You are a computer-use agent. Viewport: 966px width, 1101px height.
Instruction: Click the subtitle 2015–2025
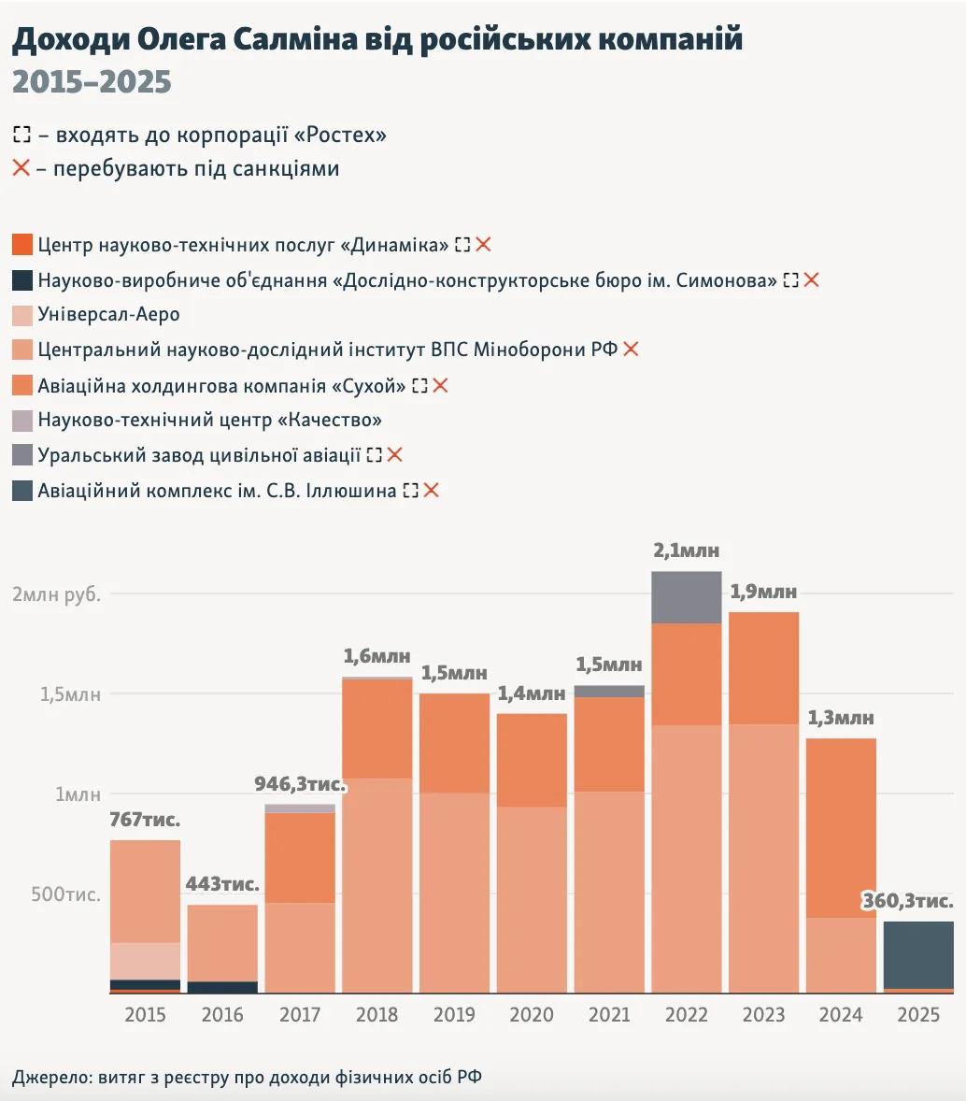92,82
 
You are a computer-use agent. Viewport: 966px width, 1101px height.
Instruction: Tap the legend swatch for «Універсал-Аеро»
23,315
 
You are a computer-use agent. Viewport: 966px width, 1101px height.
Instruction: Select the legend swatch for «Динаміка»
23,245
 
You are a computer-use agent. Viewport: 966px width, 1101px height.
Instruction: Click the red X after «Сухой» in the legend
440,385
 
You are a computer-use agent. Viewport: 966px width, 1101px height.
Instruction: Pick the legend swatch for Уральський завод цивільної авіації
23,455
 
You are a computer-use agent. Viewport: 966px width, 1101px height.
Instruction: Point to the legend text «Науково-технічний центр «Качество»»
209,421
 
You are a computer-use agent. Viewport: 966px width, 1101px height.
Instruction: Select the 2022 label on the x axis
686,1015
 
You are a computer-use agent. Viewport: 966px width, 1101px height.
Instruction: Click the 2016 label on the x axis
221,1015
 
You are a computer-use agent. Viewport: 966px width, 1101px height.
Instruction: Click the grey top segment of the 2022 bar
686,597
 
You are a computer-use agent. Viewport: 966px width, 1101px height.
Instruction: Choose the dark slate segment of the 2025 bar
918,954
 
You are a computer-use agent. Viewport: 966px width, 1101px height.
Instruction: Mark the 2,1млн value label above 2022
686,551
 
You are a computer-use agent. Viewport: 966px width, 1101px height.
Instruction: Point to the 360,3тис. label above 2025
907,902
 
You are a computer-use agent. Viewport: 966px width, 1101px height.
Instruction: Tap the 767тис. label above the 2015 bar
145,821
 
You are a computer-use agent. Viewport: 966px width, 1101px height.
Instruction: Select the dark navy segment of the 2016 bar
221,987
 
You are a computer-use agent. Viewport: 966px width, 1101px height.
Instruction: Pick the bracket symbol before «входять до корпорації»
21,136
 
